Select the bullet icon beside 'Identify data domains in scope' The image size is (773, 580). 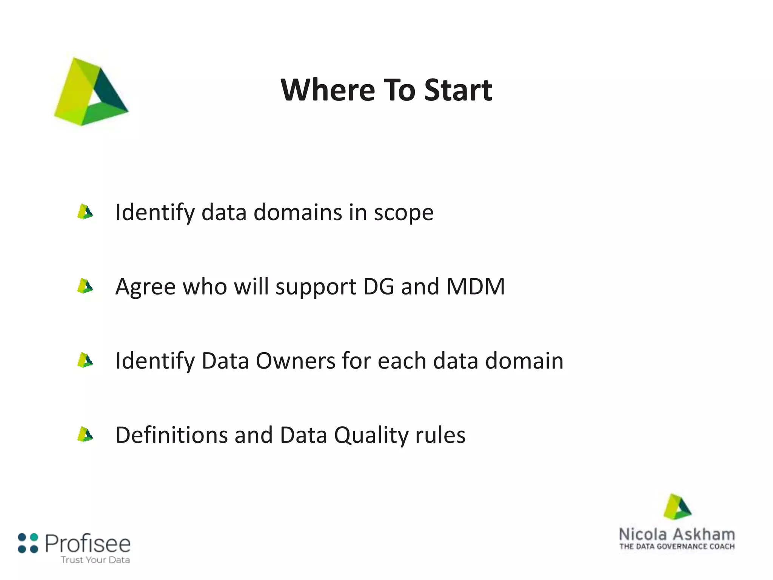pyautogui.click(x=85, y=212)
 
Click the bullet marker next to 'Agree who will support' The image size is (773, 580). pyautogui.click(x=85, y=286)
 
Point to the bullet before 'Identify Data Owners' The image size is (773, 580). pyautogui.click(x=85, y=360)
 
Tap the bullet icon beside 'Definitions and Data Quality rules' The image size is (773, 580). pyautogui.click(x=85, y=435)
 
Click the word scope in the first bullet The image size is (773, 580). pyautogui.click(x=403, y=213)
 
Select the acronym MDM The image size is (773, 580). pyautogui.click(x=476, y=286)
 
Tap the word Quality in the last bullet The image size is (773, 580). pyautogui.click(x=371, y=435)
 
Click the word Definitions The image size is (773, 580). pyautogui.click(x=171, y=435)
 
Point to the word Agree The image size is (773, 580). pyautogui.click(x=145, y=287)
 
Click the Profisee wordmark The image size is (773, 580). pyautogui.click(x=88, y=544)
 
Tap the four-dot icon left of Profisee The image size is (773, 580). pyautogui.click(x=28, y=543)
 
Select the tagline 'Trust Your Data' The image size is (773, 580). pyautogui.click(x=95, y=560)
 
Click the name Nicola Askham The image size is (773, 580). pyautogui.click(x=677, y=534)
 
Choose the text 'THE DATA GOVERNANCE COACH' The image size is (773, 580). pyautogui.click(x=677, y=546)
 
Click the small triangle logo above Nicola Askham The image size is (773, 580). pyautogui.click(x=677, y=507)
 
